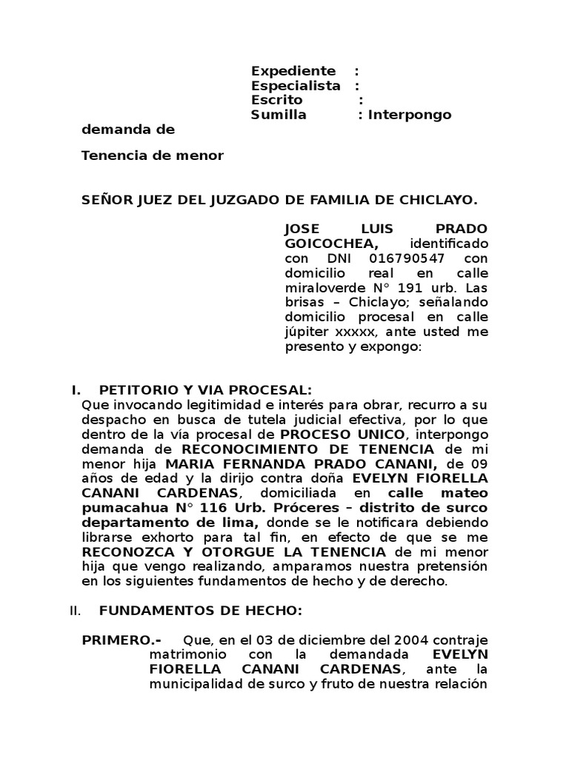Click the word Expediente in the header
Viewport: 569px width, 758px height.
pyautogui.click(x=293, y=71)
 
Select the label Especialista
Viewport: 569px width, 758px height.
pyautogui.click(x=296, y=86)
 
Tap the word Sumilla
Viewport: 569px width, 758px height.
pyautogui.click(x=279, y=115)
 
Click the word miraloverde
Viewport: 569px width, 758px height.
pyautogui.click(x=322, y=288)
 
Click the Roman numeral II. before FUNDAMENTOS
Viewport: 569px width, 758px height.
pyautogui.click(x=74, y=611)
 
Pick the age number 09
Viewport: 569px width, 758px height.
pyautogui.click(x=479, y=463)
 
